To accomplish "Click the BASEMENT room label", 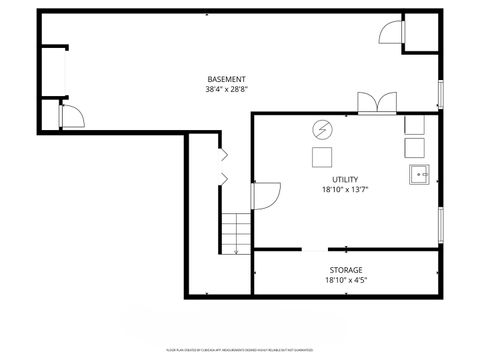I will point(227,79).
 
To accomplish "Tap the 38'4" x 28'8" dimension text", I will point(227,89).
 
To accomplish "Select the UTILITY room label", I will point(345,179).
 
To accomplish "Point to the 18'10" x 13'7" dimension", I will point(345,189).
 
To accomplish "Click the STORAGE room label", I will point(346,270).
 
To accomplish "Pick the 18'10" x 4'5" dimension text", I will point(346,281).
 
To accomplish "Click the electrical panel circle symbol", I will point(322,129).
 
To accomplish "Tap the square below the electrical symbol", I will point(322,156).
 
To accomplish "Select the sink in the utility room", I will point(419,175).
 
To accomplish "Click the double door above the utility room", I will point(376,103).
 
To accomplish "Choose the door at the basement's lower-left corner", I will point(72,118).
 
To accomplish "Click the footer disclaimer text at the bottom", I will point(240,351).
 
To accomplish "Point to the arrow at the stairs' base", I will point(236,252).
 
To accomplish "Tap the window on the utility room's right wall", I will point(441,224).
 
